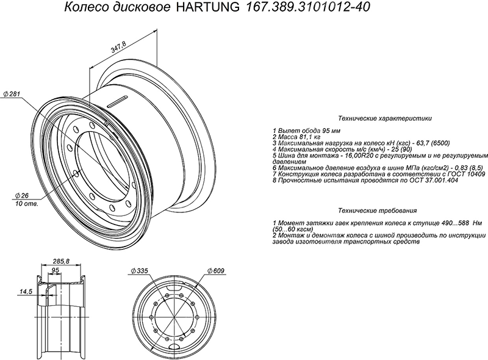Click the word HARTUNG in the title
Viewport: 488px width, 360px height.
click(x=208, y=7)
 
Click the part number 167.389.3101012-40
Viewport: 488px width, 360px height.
click(x=308, y=7)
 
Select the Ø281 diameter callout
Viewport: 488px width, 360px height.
click(x=12, y=94)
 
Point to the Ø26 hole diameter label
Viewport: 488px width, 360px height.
click(x=22, y=196)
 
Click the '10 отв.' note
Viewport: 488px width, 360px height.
click(x=27, y=204)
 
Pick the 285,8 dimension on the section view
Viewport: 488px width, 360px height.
click(x=62, y=261)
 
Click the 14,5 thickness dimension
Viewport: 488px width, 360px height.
click(x=26, y=292)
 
